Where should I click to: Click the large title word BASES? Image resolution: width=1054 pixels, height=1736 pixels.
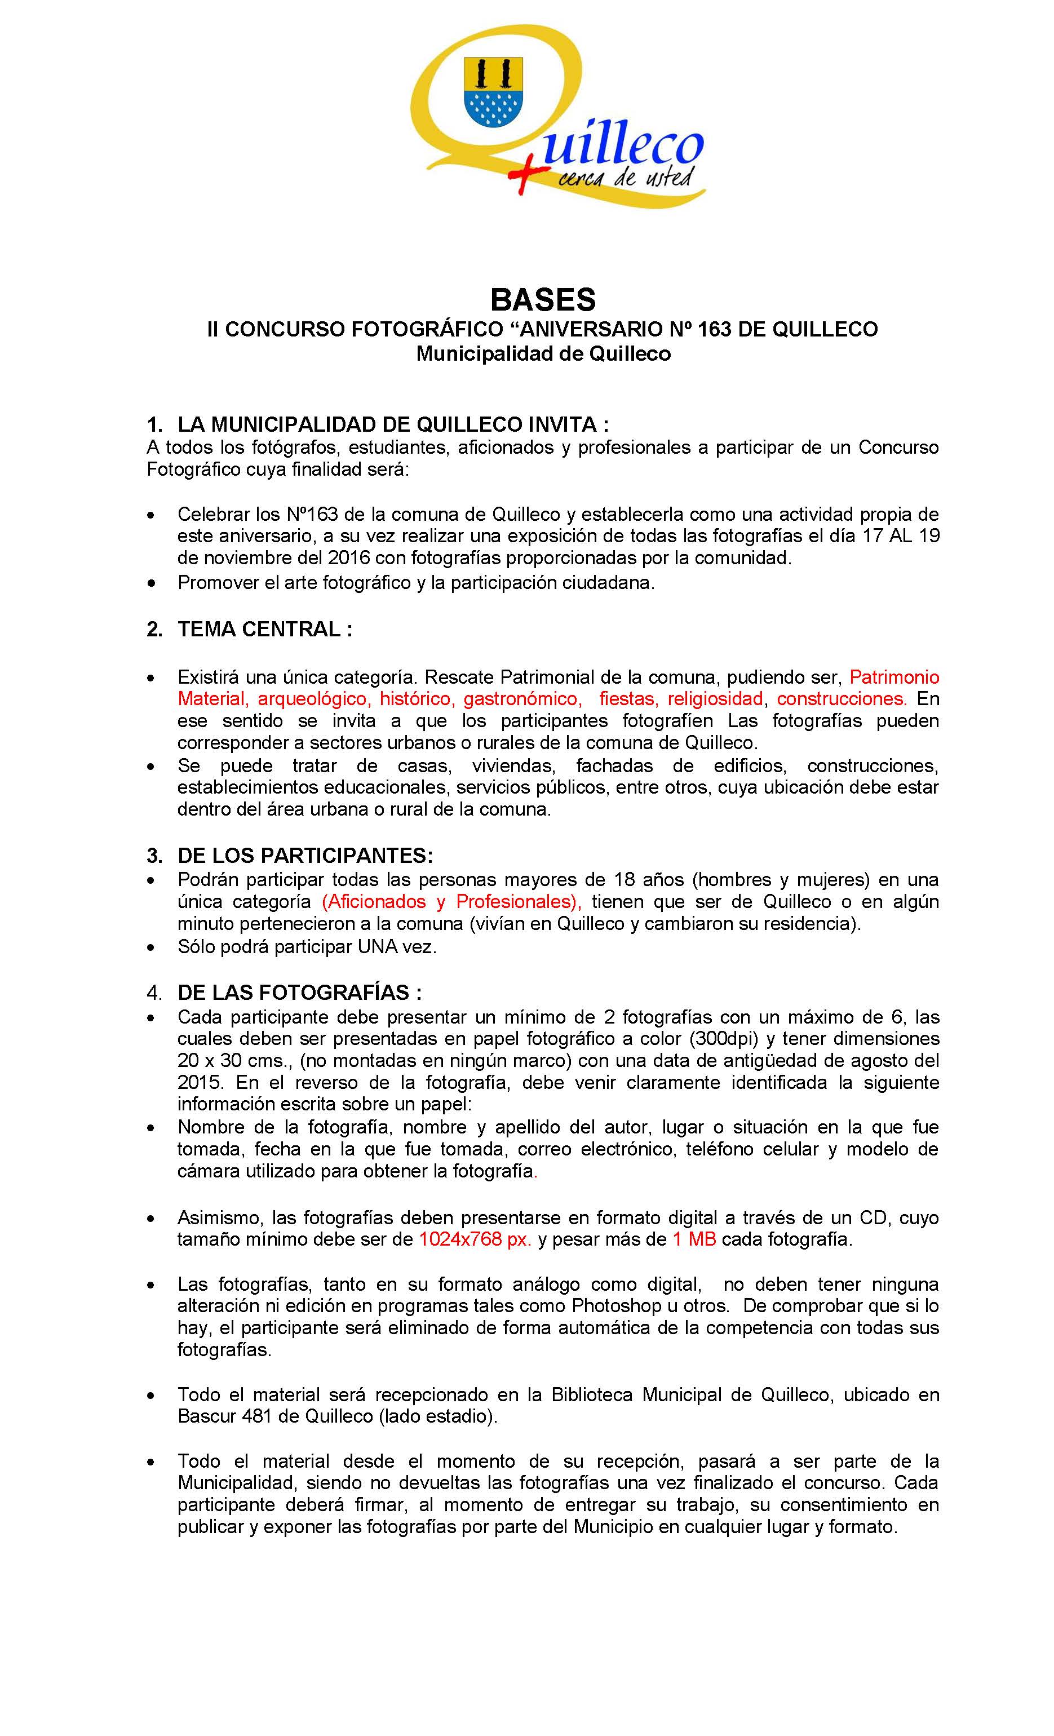point(542,299)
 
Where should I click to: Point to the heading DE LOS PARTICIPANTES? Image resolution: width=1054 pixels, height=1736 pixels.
point(305,856)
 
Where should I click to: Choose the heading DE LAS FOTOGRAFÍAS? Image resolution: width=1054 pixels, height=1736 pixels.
point(299,992)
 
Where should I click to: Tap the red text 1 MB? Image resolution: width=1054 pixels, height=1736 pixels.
point(693,1239)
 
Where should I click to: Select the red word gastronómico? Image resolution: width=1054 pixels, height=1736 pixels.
point(522,699)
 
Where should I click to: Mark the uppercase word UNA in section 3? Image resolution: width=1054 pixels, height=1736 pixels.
point(378,947)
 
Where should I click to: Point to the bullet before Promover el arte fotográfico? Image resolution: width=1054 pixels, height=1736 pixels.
point(151,583)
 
